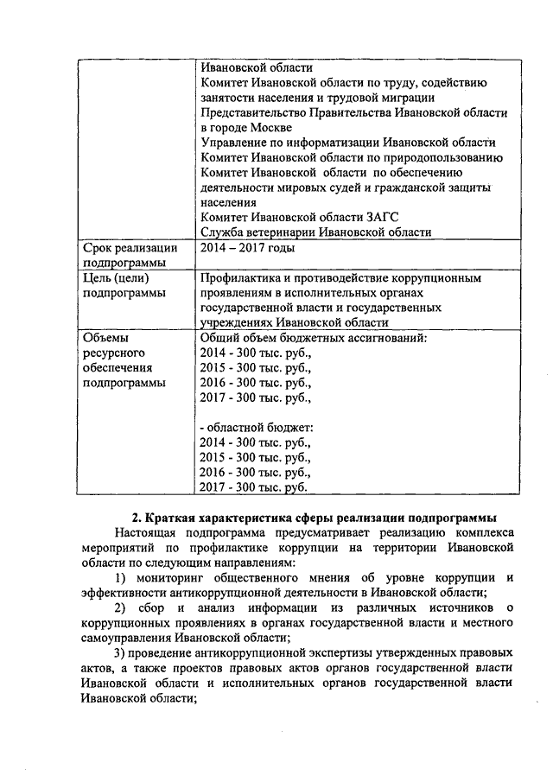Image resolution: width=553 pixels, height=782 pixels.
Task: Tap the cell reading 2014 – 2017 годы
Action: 247,249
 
